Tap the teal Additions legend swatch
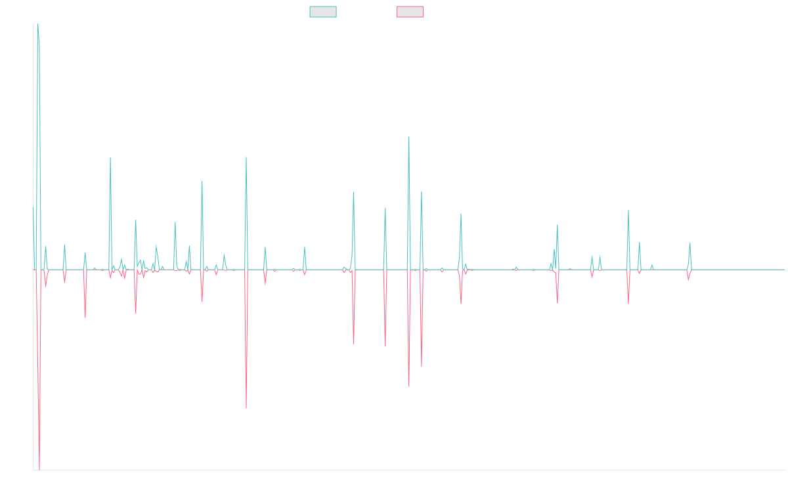pos(323,12)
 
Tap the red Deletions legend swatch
pos(410,12)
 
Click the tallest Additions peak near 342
pos(37,24)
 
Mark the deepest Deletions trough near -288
pos(39,469)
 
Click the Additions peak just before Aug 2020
pos(409,136)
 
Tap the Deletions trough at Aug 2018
pos(246,409)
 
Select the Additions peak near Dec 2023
pos(690,243)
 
